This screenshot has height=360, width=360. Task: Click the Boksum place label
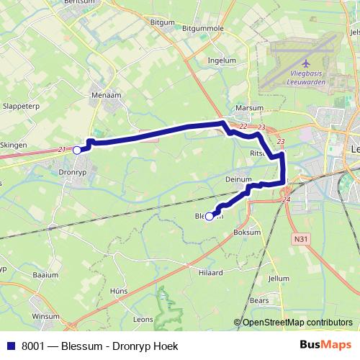[247, 233]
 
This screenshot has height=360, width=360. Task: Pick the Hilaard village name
[210, 273]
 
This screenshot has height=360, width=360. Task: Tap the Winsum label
[46, 316]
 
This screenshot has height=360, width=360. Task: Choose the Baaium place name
[45, 275]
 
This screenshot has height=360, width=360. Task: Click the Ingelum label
[221, 61]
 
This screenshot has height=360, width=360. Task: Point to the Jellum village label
[278, 278]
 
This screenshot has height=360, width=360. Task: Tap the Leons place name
[143, 318]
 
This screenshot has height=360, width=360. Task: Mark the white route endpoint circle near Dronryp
[77, 150]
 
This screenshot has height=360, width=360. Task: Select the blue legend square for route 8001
[11, 346]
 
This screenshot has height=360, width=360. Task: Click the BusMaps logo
[325, 345]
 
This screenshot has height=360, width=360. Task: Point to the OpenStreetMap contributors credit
[296, 323]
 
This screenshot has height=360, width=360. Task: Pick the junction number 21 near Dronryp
[62, 149]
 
